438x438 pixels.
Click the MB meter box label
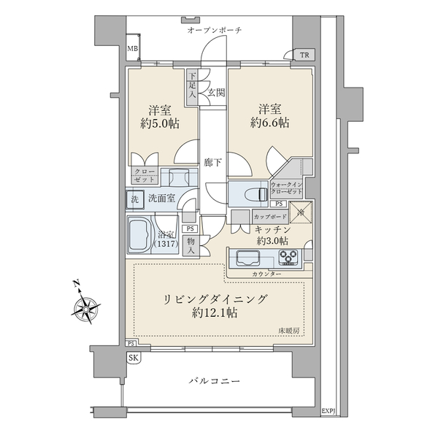[x=132, y=50]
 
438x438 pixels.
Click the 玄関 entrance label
[x=215, y=92]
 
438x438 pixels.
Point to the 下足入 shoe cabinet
[x=192, y=85]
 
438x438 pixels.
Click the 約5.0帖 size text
[x=159, y=123]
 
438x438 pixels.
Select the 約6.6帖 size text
[x=270, y=123]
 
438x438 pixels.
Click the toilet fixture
[x=252, y=194]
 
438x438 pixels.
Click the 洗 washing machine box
[x=134, y=199]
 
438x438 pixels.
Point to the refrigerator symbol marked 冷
[x=301, y=212]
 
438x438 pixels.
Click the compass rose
[x=87, y=308]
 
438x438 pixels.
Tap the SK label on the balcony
[x=133, y=358]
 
